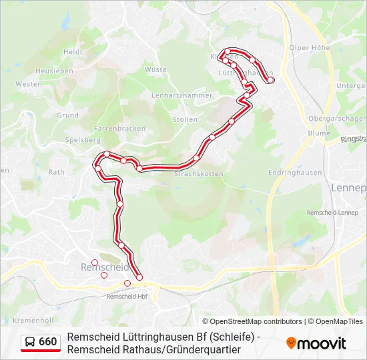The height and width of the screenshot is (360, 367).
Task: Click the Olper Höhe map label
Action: click(310, 48)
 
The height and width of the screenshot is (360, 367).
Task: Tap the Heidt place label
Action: click(73, 52)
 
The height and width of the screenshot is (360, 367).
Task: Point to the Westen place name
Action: click(28, 84)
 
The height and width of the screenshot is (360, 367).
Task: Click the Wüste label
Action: click(155, 69)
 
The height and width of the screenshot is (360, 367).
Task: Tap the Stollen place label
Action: click(185, 119)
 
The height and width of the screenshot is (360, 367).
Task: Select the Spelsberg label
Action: click(83, 140)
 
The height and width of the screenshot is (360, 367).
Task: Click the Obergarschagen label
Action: click(337, 118)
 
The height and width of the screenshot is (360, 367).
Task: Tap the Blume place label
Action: click(319, 133)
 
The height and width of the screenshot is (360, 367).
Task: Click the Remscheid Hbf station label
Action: click(127, 296)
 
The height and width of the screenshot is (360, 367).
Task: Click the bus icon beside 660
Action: click(31, 342)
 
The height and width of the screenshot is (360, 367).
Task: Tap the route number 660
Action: click(48, 342)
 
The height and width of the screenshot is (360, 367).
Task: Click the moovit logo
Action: click(316, 343)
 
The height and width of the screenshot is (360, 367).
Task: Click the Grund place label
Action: click(67, 115)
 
